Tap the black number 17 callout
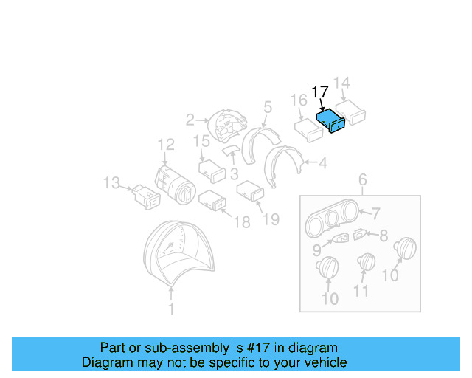coord(320,92)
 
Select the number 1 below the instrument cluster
coord(171,310)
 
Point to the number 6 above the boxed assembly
coord(362,179)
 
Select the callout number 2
coord(190,119)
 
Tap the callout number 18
coord(242,222)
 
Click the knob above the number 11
coord(366,263)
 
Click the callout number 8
coord(383,237)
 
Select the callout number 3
coord(234,174)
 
